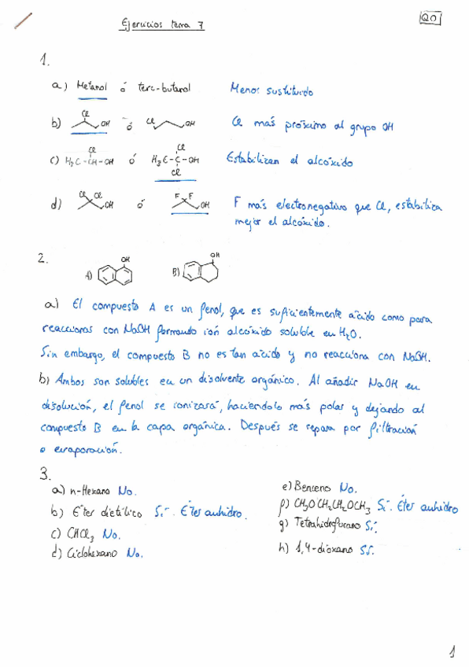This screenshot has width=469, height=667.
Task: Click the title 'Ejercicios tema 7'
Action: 162,24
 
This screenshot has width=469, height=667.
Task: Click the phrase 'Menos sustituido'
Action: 271,90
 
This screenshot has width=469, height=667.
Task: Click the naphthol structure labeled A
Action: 120,271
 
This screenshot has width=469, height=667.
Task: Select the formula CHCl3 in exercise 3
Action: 81,534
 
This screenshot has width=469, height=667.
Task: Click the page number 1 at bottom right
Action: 452,650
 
